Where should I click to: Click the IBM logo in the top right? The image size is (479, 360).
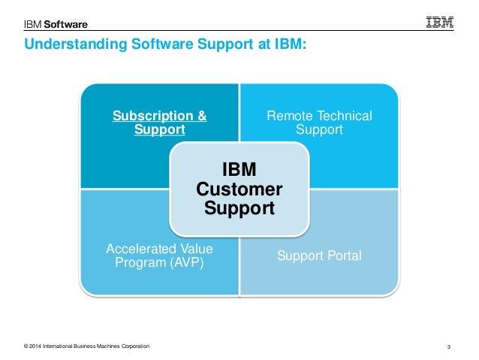coord(440,23)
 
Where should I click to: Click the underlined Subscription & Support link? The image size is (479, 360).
coord(159,123)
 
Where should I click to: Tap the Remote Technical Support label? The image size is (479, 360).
coord(319,123)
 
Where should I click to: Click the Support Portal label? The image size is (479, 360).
coord(319,256)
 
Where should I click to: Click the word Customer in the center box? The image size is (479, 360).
coord(239,188)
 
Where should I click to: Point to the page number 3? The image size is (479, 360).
coord(447,346)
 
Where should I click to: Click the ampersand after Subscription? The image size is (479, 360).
coord(202,116)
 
